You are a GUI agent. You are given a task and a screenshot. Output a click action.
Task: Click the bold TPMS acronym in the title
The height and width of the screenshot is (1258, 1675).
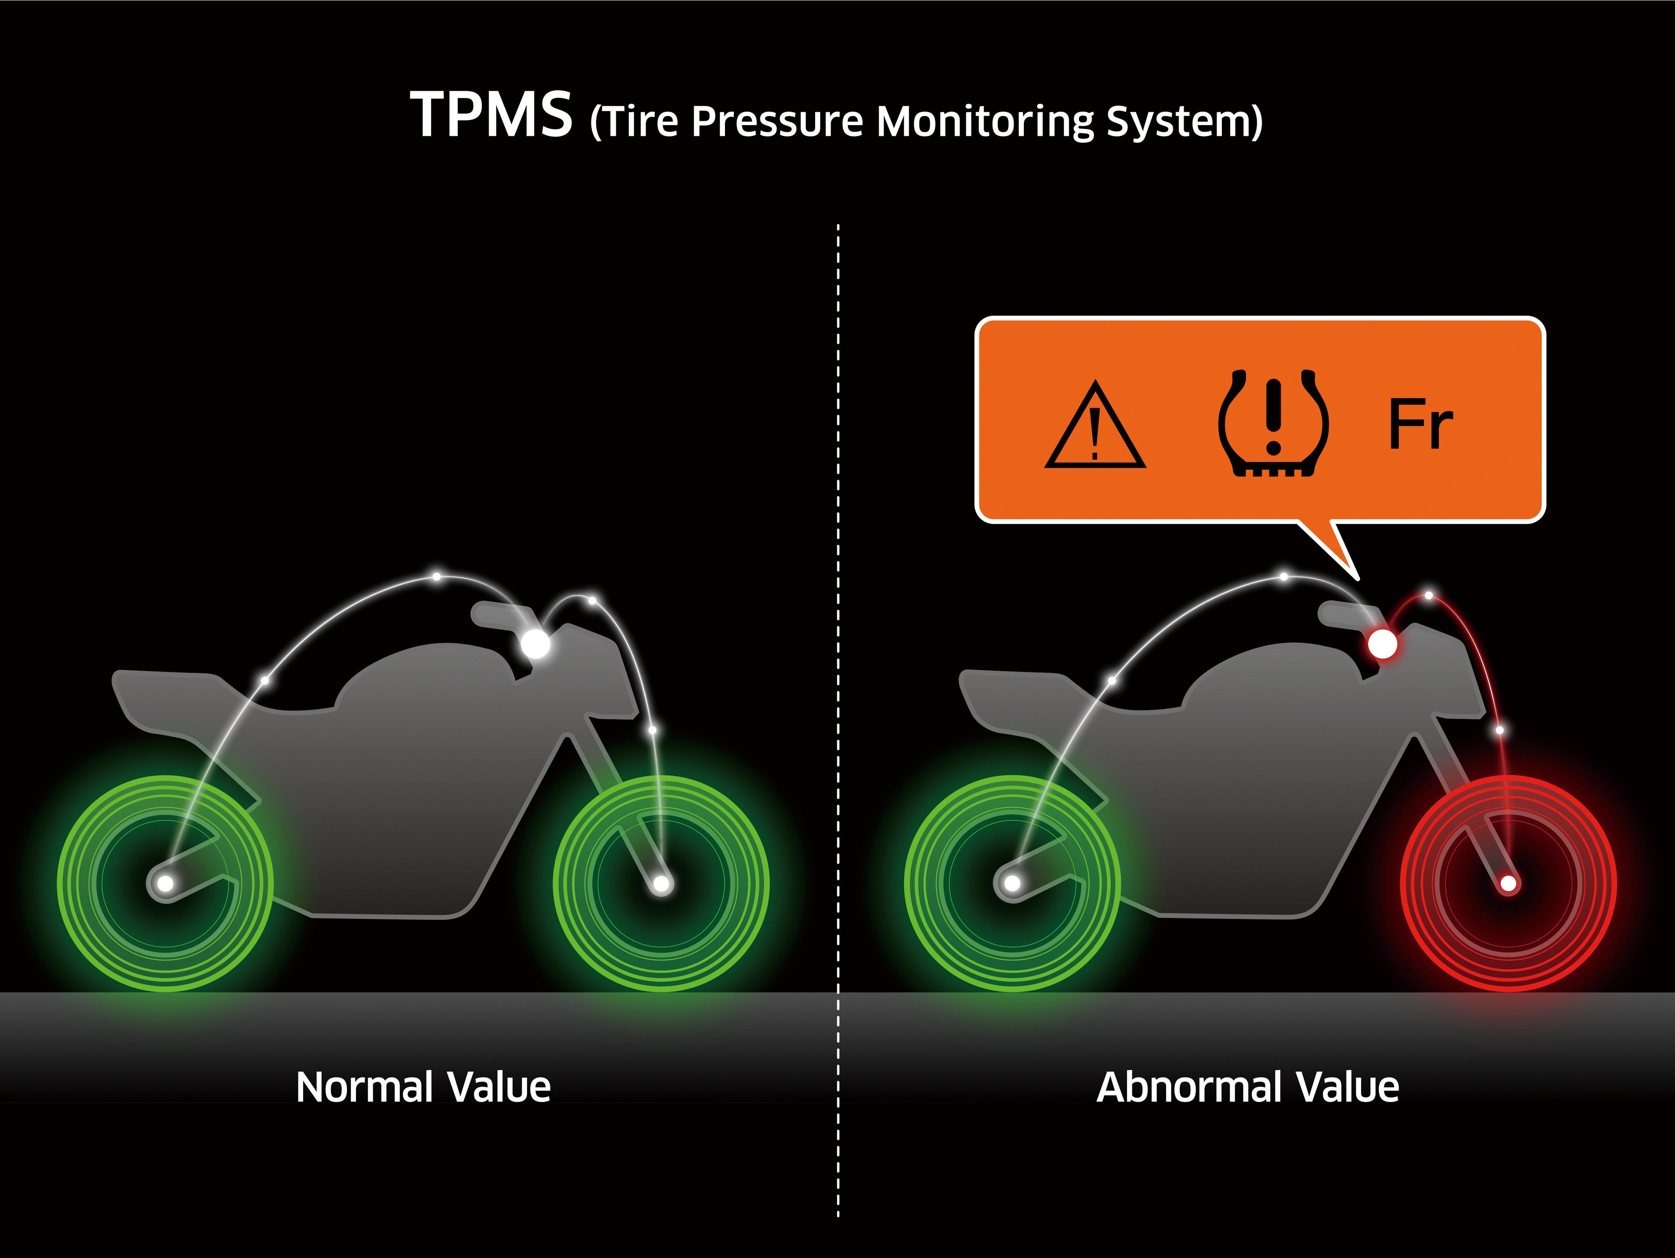pyautogui.click(x=490, y=115)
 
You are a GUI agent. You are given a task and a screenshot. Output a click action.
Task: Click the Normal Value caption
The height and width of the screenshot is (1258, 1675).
pyautogui.click(x=423, y=1087)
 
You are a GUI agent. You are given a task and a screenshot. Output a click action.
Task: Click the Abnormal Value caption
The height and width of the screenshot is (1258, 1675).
pyautogui.click(x=1248, y=1087)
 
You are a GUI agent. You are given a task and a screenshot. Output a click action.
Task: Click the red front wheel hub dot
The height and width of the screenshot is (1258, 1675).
pyautogui.click(x=1508, y=883)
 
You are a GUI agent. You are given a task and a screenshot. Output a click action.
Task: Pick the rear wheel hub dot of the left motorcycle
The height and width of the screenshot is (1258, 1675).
pyautogui.click(x=165, y=883)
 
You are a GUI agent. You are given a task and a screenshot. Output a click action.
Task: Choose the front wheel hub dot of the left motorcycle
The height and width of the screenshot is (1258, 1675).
pyautogui.click(x=661, y=883)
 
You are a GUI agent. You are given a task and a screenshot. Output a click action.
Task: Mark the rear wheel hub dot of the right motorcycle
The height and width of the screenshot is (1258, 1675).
pyautogui.click(x=1012, y=883)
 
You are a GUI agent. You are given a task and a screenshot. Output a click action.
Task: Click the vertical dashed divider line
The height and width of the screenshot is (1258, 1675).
pyautogui.click(x=838, y=682)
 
